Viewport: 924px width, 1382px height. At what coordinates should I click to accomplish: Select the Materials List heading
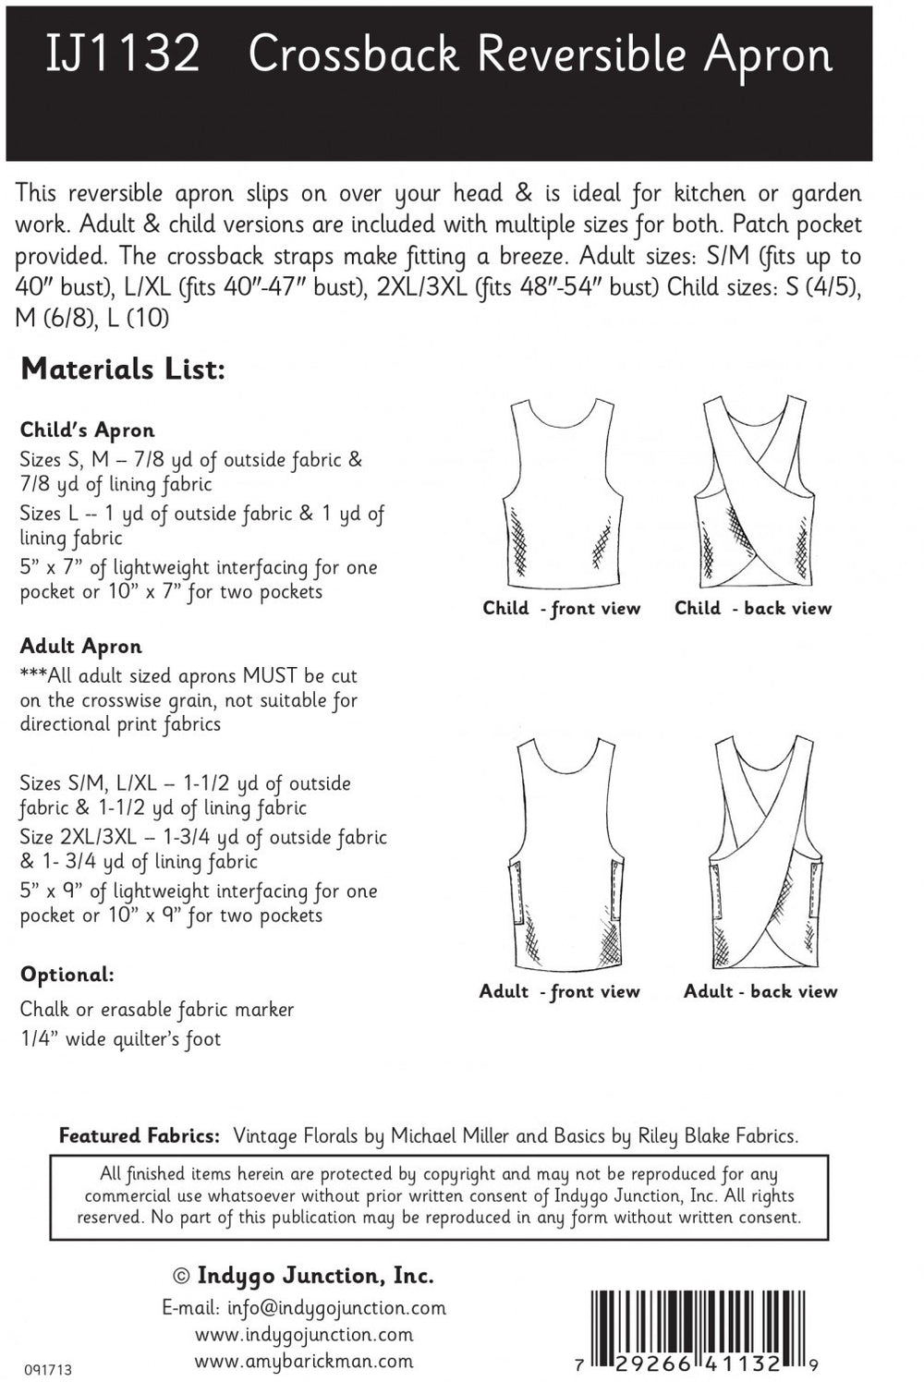[123, 370]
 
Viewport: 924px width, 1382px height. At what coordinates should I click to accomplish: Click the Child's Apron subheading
[88, 430]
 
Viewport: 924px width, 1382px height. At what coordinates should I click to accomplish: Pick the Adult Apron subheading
[81, 647]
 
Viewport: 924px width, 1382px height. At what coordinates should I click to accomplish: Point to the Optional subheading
[67, 975]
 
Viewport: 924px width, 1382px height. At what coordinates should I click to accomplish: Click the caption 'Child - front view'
[561, 609]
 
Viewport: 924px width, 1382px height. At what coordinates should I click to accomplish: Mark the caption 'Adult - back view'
[760, 991]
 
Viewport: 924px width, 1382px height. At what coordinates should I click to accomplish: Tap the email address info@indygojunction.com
[304, 1308]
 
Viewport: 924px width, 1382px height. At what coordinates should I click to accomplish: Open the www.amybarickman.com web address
[304, 1361]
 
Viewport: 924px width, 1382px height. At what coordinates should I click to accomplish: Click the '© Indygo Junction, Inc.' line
[304, 1276]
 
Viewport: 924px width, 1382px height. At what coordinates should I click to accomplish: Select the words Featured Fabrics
[140, 1136]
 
